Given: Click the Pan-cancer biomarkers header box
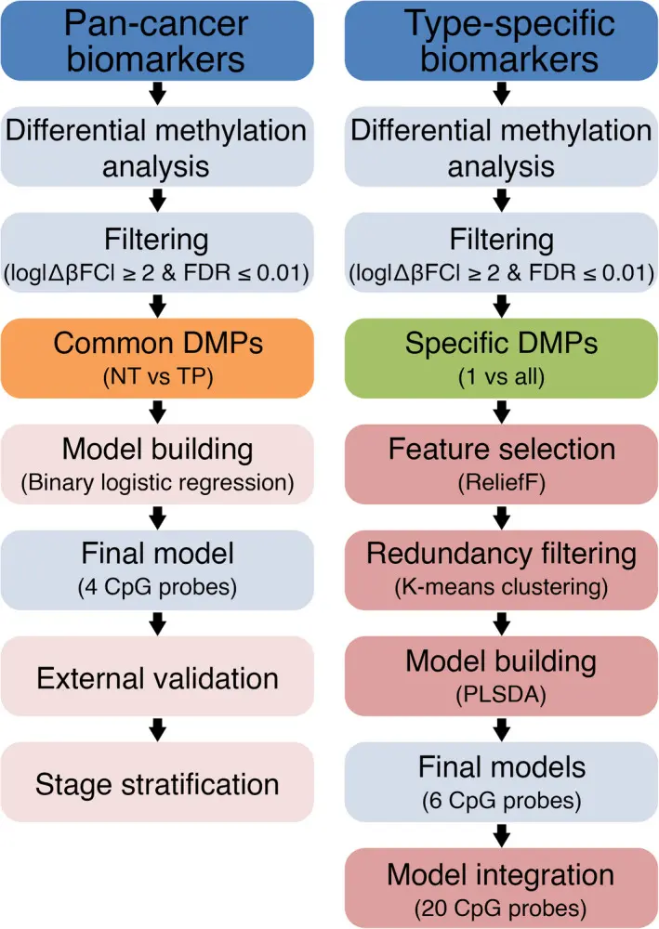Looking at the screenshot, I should point(156,41).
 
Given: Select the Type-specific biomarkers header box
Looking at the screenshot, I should point(503,41).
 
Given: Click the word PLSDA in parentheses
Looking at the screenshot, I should point(503,693).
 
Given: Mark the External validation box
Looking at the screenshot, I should point(156,677).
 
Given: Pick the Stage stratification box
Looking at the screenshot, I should point(156,783).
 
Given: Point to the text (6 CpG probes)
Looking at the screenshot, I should point(503,799).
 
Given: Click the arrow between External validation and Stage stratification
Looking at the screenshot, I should point(156,728).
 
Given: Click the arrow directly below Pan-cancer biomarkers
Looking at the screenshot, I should point(156,93).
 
